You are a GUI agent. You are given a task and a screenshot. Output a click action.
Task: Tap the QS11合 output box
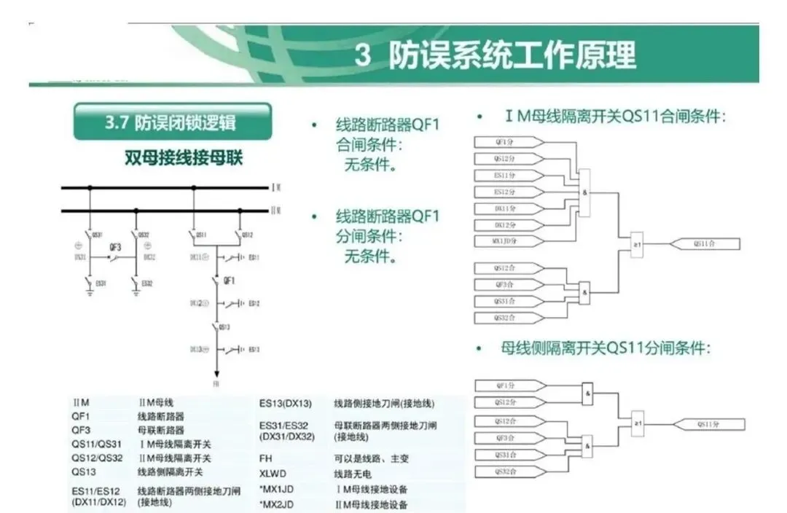(704, 243)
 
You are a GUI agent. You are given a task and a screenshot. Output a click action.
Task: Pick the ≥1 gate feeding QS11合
(637, 243)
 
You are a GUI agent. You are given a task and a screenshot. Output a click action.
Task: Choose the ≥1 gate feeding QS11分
(638, 423)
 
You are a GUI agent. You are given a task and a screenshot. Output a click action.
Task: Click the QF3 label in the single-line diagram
(115, 248)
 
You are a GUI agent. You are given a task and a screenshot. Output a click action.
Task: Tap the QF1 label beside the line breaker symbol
(230, 280)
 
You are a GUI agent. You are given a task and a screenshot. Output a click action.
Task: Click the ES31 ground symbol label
(101, 283)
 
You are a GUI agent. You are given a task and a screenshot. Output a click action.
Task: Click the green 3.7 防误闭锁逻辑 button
(173, 122)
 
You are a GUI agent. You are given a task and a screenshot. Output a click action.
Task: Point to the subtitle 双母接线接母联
(183, 158)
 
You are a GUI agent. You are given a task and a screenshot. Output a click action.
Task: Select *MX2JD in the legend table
(278, 504)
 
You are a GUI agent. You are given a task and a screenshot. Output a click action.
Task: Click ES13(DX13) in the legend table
(286, 403)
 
